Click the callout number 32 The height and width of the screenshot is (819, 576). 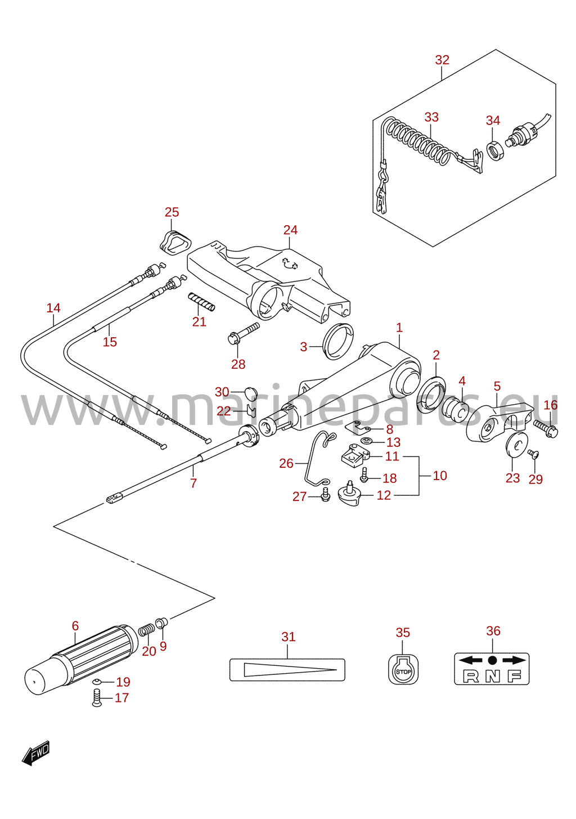point(442,60)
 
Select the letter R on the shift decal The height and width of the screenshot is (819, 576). point(471,676)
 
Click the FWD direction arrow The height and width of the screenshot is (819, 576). point(35,753)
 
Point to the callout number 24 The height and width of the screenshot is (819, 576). point(290,230)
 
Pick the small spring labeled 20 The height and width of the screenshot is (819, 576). point(147,630)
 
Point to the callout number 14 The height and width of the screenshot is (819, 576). point(53,308)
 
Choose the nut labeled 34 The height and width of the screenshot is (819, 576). point(496,150)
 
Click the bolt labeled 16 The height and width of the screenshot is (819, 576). point(545,428)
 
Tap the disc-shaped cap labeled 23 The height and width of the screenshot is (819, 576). point(517,445)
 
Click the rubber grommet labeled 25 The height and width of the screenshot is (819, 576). point(175,241)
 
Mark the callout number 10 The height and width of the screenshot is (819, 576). point(440,476)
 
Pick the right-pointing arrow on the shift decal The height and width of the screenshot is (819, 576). point(514,660)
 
